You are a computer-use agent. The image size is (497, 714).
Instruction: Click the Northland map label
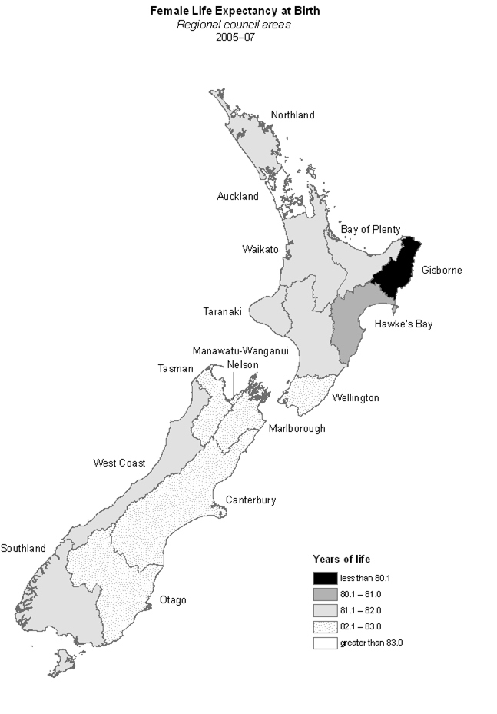click(293, 115)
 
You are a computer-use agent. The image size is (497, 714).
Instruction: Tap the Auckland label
click(237, 197)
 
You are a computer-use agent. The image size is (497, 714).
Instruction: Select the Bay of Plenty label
click(370, 230)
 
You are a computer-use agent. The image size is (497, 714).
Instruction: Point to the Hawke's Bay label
click(403, 324)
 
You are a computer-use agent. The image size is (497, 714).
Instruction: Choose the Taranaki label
click(223, 312)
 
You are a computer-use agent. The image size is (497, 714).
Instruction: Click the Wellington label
click(356, 398)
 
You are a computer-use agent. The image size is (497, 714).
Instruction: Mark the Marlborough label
click(297, 429)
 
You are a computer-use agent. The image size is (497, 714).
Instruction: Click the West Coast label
click(119, 463)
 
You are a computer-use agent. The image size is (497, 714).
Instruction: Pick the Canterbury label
click(250, 501)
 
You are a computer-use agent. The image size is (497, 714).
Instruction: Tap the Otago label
click(172, 600)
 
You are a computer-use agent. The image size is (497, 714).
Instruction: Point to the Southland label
click(23, 549)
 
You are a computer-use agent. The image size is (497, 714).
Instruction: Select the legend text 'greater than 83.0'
click(372, 643)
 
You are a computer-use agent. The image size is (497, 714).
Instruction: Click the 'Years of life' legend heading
click(341, 559)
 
